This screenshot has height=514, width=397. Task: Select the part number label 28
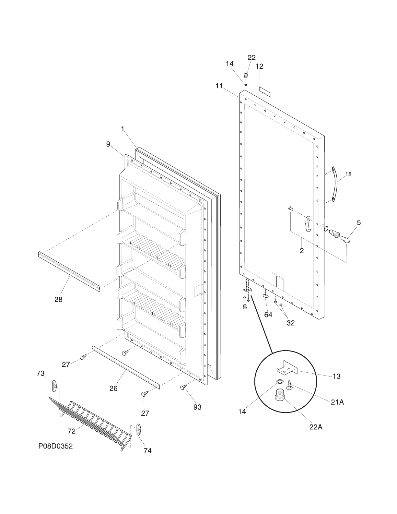[58, 299]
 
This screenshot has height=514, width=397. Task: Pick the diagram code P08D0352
[55, 446]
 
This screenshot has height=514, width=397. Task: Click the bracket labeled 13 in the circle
[287, 368]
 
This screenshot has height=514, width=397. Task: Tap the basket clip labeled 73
[55, 386]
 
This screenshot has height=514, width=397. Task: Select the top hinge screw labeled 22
[246, 76]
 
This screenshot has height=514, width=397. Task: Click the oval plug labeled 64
[265, 295]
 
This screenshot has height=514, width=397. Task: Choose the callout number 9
[108, 144]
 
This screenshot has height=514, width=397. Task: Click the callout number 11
[219, 86]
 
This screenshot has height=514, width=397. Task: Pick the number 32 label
[291, 323]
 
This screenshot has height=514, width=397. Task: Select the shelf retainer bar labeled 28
[69, 270]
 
